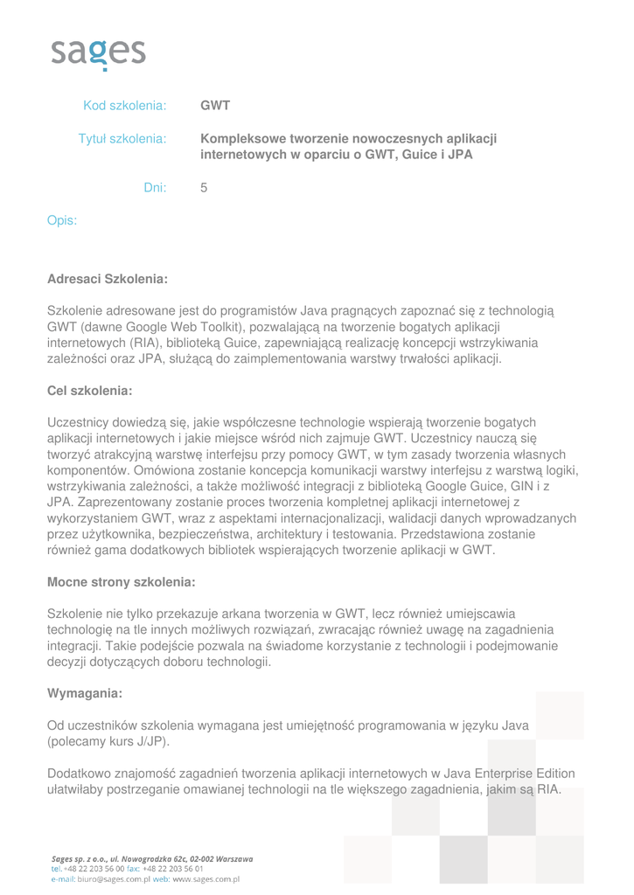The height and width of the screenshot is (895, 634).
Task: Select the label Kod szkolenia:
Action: [124, 107]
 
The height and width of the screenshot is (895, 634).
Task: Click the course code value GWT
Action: [215, 107]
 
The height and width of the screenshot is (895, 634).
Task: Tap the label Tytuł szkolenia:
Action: [122, 139]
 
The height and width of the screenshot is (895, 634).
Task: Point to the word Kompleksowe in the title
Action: [241, 139]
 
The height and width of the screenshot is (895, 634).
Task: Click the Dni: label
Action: [155, 187]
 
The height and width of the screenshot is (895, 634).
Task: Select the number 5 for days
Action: [204, 187]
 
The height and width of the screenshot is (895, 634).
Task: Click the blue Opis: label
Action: [62, 220]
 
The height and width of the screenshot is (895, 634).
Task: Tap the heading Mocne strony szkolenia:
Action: [121, 581]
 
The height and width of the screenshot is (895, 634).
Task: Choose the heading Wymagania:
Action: [84, 693]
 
